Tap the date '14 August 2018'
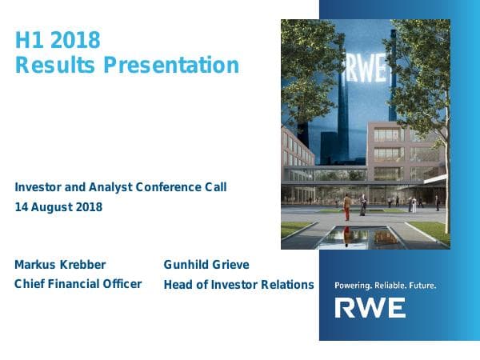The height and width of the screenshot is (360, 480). pyautogui.click(x=58, y=207)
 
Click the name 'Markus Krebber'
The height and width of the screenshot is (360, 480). pyautogui.click(x=60, y=265)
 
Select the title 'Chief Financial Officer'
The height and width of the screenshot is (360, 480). pyautogui.click(x=78, y=284)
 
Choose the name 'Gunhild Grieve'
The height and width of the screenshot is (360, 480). pyautogui.click(x=206, y=265)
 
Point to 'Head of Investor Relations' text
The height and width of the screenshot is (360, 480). pyautogui.click(x=238, y=285)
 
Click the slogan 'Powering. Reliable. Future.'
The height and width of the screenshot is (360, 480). pyautogui.click(x=385, y=285)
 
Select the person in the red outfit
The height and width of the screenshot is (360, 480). pyautogui.click(x=346, y=209)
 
